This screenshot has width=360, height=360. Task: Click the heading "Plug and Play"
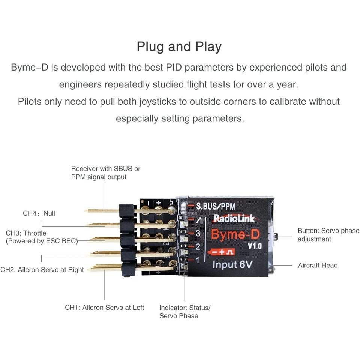point(179,47)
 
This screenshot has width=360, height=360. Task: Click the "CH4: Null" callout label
point(39,213)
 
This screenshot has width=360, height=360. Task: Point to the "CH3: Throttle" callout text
point(26,233)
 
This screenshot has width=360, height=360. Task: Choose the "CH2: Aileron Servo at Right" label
point(42,270)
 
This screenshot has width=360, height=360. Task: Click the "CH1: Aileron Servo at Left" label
point(105,307)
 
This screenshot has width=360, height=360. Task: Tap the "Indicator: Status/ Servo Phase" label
point(185,312)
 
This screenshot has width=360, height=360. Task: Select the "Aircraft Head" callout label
point(318,265)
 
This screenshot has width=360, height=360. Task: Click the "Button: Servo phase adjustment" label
point(328,235)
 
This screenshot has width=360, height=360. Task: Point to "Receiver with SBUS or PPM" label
point(106,172)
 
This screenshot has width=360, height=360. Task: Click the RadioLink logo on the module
point(234,218)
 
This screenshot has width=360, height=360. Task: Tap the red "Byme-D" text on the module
point(235,234)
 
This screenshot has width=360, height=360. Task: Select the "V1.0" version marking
point(255,246)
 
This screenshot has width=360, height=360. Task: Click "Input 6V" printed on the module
point(232,264)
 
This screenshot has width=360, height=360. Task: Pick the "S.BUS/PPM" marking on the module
point(216,206)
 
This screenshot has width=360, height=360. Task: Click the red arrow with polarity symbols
point(220,252)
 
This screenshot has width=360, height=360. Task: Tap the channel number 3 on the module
point(198,233)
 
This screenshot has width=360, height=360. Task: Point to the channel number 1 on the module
point(198,260)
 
